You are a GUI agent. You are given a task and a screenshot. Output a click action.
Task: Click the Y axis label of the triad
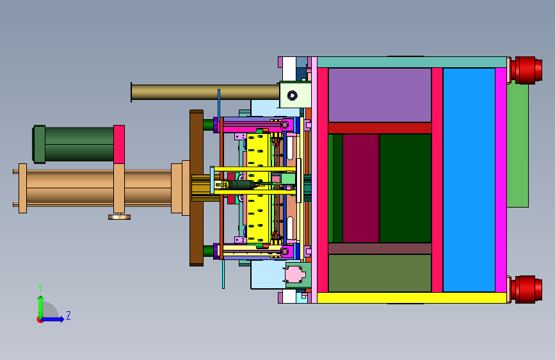click(x=40, y=288)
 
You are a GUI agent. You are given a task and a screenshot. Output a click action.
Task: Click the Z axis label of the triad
click(x=68, y=315)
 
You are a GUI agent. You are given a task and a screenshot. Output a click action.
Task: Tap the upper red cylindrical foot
click(x=526, y=70)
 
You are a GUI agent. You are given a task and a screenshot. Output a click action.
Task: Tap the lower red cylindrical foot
click(x=526, y=289)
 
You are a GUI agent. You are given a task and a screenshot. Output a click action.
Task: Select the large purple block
click(x=380, y=95)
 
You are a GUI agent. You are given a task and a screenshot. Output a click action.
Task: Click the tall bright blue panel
click(x=469, y=180)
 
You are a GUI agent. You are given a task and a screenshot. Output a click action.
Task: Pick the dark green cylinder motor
click(x=74, y=144)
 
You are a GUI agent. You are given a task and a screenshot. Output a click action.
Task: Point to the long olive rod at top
click(x=205, y=92)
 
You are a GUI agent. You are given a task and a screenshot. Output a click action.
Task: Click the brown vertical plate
click(x=197, y=188)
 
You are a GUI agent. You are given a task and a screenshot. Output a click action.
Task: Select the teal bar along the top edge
click(x=412, y=62)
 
